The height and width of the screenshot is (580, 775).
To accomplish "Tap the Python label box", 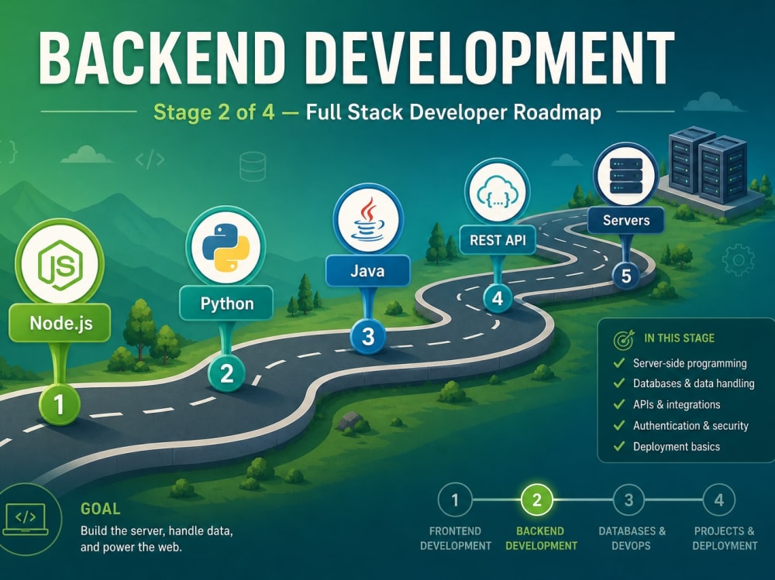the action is click(226, 303).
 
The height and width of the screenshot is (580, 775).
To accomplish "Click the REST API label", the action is click(498, 240).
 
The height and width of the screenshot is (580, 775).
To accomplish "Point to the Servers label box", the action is click(625, 220).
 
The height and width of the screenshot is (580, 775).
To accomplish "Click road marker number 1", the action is click(60, 405).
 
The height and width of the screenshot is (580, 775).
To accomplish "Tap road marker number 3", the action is click(367, 336).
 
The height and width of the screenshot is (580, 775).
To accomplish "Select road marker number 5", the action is click(625, 276).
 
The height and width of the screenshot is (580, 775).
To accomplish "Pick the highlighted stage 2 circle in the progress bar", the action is click(537, 500).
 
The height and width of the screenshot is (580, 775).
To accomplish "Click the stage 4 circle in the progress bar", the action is click(718, 500).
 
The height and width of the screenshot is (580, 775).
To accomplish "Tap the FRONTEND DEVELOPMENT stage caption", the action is click(455, 538).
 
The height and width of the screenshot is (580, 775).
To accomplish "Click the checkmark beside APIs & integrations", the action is click(618, 404).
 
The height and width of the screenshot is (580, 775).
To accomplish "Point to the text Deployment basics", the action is click(676, 447).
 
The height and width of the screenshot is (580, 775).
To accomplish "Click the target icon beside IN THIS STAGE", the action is click(624, 339).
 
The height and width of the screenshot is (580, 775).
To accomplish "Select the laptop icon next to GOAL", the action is click(26, 520).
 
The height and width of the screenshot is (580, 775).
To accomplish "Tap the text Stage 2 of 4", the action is click(214, 112).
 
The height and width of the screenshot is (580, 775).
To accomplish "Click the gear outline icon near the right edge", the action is click(739, 260).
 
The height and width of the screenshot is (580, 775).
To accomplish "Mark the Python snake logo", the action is click(226, 246).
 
